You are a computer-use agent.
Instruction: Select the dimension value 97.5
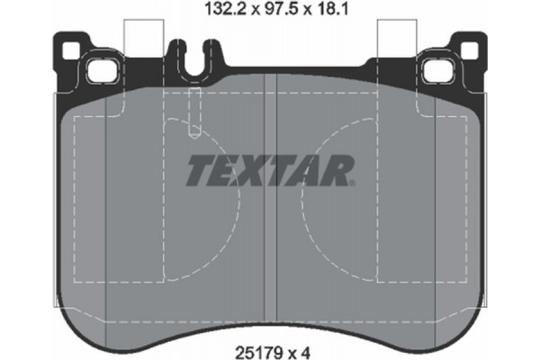tap(267, 11)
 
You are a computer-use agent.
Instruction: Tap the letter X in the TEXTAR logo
tap(255, 169)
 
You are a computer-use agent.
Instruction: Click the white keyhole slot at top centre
tap(193, 54)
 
